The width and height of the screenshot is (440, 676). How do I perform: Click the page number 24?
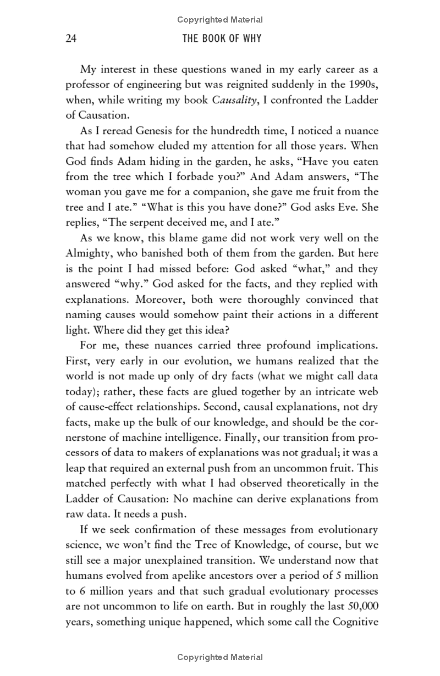pos(70,38)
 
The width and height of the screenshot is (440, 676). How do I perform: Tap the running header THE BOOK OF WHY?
pos(222,38)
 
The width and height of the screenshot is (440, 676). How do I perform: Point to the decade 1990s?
pos(363,85)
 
